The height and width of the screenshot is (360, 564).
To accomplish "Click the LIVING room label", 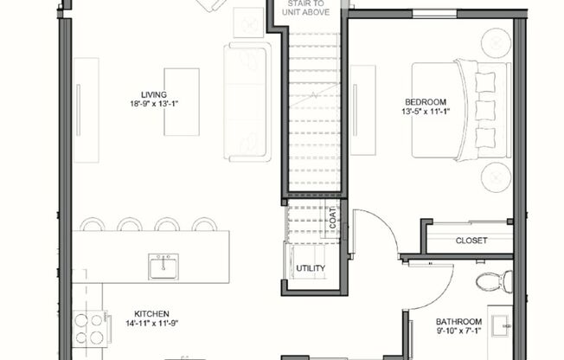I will pos(153,94).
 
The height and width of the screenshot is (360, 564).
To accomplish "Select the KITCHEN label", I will pos(151,313).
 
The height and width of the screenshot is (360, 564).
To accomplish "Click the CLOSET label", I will pos(471,240).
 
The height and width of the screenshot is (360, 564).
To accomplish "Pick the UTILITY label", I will pos(311,268).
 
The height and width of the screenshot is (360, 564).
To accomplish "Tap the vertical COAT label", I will pos(332,219).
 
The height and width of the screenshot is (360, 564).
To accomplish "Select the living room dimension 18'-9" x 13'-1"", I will pos(153,105).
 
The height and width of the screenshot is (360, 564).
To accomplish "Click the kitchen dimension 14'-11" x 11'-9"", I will pos(151,324).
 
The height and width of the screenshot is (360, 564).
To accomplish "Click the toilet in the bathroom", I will pos(494,281).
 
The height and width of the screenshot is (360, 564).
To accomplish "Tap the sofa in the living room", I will pos(247,101).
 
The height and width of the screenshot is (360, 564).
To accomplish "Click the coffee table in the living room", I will pos(182,102).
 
